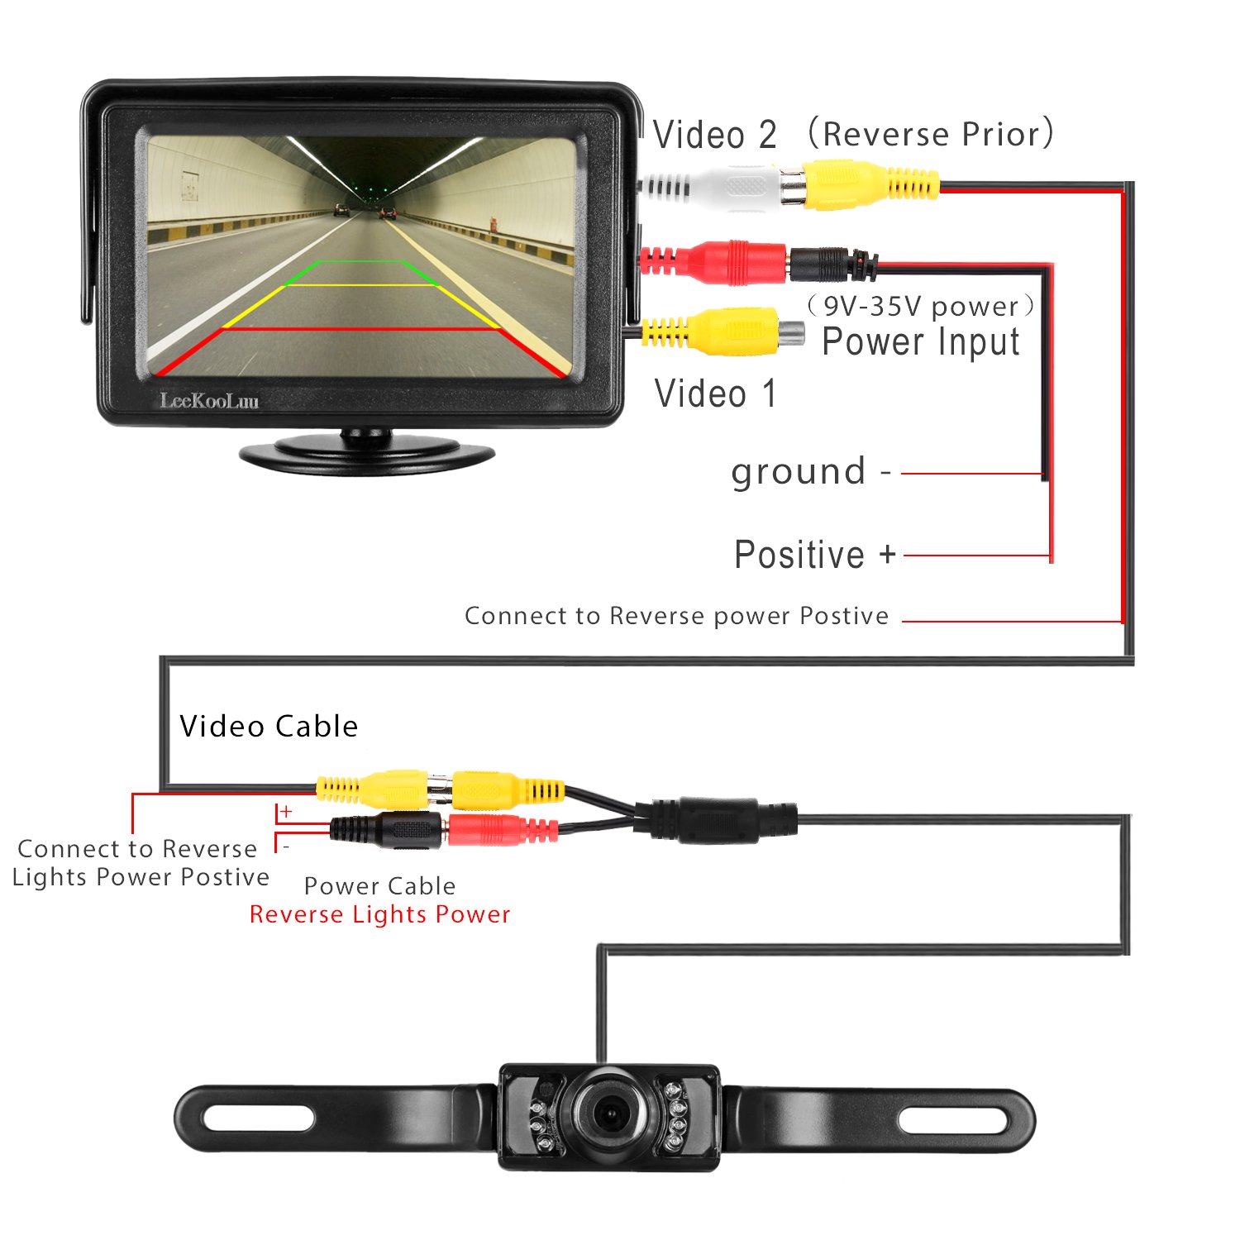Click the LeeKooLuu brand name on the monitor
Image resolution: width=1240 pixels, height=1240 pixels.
209,401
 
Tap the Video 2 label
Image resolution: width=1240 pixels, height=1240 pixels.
715,135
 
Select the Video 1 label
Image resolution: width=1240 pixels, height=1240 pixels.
715,393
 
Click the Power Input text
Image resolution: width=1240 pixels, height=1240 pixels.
921,342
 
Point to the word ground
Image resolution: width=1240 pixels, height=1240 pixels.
799,471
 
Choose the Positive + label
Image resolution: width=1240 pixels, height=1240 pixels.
815,555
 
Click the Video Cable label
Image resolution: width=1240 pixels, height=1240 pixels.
269,726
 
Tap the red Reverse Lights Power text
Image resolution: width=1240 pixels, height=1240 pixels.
379,914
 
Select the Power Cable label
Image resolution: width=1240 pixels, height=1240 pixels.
379,886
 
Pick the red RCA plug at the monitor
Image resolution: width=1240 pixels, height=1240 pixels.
727,261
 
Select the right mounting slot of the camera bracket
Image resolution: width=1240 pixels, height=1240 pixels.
953,1120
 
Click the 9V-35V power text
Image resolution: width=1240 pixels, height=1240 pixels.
920,307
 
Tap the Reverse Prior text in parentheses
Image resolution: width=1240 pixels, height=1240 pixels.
931,134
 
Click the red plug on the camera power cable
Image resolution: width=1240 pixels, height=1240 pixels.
496,829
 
